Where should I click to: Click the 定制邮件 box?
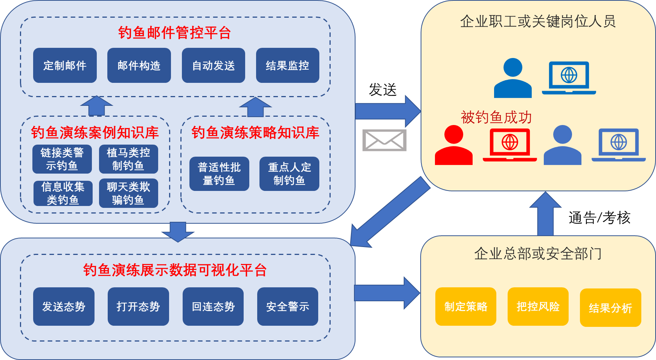(65, 66)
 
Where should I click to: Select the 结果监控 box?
(287, 66)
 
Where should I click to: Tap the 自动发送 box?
(213, 66)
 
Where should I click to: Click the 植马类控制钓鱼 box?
(128, 159)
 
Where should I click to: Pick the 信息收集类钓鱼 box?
(63, 193)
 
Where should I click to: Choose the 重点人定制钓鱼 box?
(289, 174)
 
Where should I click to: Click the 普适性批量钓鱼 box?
(219, 174)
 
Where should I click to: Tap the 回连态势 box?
(213, 307)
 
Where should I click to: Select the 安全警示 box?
(287, 307)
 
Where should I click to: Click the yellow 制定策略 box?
(465, 307)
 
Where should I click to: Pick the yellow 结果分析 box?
(610, 308)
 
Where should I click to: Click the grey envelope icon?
(384, 140)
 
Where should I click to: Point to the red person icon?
(453, 146)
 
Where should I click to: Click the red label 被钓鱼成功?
(496, 117)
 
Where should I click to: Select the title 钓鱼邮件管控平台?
(174, 33)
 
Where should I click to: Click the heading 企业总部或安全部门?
(538, 254)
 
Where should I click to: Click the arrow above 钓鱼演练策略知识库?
(255, 107)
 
